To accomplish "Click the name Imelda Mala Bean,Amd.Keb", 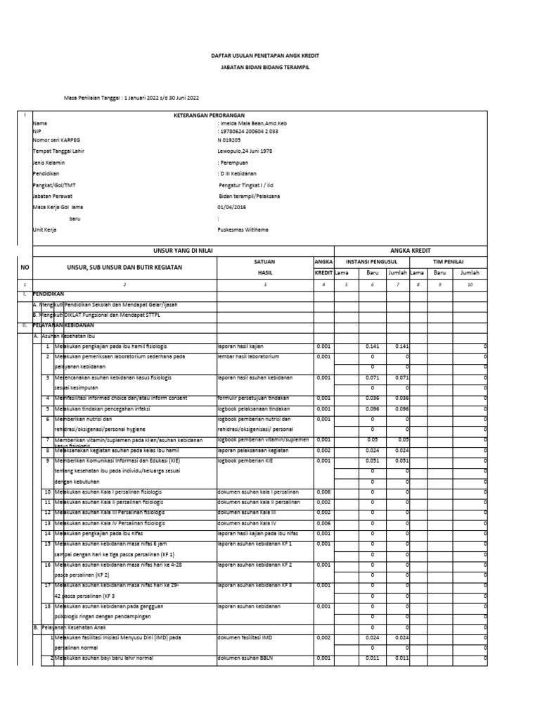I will point(249,123).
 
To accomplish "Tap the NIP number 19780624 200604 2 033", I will point(249,131).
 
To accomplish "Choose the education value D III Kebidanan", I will point(240,174).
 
